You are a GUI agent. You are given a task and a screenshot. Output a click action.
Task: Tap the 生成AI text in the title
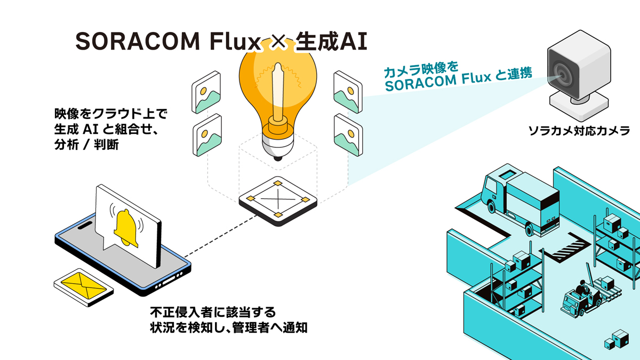331,42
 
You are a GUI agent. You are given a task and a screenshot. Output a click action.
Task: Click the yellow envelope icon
84,286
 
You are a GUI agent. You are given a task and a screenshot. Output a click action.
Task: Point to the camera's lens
564,74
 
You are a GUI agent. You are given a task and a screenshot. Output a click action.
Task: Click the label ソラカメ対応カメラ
579,130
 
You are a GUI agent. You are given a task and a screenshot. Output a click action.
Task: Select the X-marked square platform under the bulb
277,201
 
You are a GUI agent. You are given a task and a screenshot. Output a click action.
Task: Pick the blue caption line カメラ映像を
421,69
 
